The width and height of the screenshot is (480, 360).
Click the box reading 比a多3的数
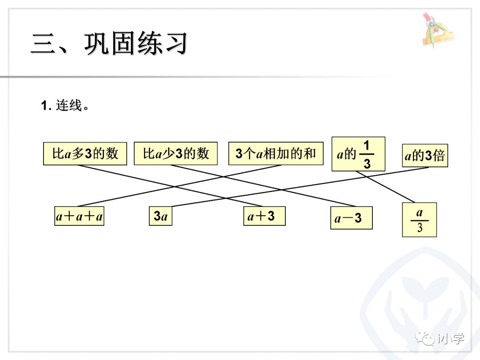(x=85, y=154)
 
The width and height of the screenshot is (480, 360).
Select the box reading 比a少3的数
(x=176, y=154)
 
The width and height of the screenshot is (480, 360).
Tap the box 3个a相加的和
(x=276, y=154)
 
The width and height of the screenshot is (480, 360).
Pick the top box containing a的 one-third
(x=358, y=154)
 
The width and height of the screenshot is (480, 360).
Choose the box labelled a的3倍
(x=425, y=156)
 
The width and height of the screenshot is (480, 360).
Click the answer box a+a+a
(x=79, y=216)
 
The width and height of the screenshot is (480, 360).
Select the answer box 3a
(x=160, y=216)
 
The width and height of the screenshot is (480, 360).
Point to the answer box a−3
(x=351, y=218)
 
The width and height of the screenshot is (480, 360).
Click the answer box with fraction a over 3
(x=419, y=220)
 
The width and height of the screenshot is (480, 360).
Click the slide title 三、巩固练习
(x=109, y=43)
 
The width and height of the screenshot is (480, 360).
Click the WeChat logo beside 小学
(x=425, y=338)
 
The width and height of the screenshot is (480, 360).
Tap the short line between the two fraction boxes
(x=385, y=187)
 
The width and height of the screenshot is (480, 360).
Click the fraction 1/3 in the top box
(x=367, y=154)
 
